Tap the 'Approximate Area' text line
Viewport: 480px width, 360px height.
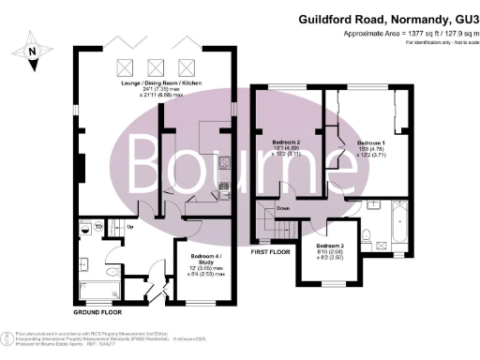tap(405, 32)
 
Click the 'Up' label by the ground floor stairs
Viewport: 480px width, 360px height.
tap(129, 226)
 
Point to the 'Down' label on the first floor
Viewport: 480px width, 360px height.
tap(283, 207)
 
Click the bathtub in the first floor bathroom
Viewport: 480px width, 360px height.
tap(397, 225)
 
